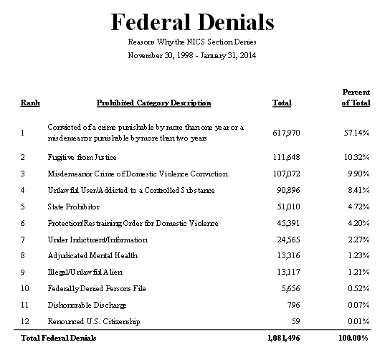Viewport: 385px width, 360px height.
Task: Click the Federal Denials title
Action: click(192, 22)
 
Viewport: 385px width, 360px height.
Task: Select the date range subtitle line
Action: click(192, 55)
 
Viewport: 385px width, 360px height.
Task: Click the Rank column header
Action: click(29, 103)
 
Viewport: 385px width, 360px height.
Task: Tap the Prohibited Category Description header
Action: click(153, 103)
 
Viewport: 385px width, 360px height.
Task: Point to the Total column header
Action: click(282, 103)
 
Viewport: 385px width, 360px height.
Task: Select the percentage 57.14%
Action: click(356, 133)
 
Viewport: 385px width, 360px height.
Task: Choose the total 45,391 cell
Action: click(282, 222)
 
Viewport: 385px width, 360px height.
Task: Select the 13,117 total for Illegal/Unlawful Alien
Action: click(282, 272)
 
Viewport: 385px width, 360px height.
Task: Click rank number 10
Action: click(25, 288)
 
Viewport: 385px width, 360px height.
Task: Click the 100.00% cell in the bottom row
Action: click(353, 337)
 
